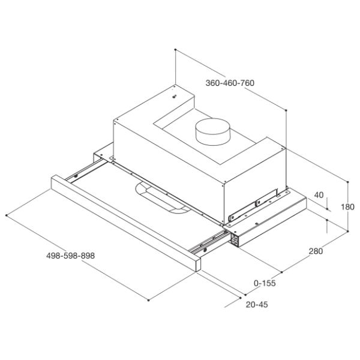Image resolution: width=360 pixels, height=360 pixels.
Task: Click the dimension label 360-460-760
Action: click(230, 83)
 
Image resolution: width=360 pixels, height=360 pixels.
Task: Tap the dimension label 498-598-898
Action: click(70, 256)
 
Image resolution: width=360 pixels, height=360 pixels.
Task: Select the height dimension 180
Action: click(347, 207)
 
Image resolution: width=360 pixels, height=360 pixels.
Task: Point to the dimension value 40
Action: click(319, 195)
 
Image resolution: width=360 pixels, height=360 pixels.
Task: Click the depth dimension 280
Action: click(316, 251)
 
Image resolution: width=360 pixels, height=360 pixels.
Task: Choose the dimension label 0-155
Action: click(265, 283)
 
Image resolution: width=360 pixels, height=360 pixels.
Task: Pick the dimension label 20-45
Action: click(257, 304)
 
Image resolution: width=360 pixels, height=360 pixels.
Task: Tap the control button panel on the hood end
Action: click(234, 239)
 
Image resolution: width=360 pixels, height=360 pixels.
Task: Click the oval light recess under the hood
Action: click(163, 198)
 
